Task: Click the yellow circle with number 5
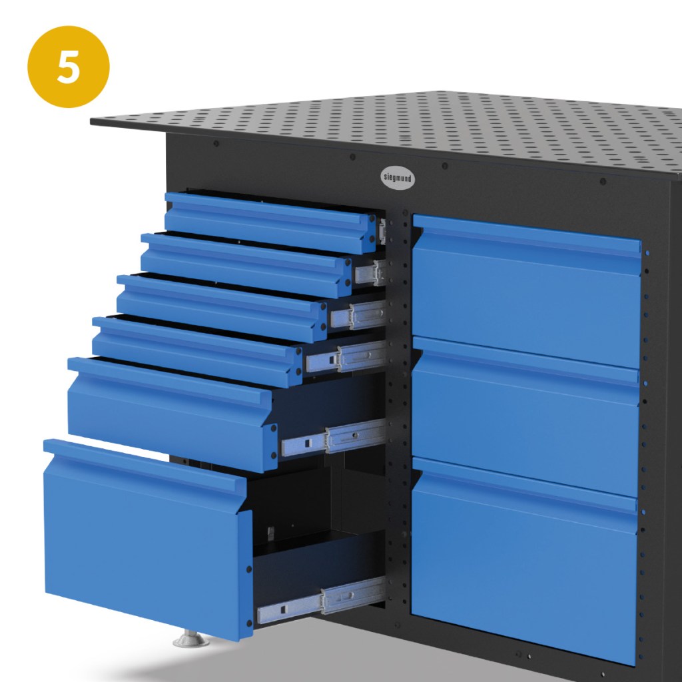point(69,67)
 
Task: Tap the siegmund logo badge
point(398,177)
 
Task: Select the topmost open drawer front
point(270,222)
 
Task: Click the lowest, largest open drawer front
point(148,539)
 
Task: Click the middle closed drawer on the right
point(525,417)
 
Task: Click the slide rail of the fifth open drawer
point(334,437)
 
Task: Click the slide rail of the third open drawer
point(358,314)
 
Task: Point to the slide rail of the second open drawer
point(370,272)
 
